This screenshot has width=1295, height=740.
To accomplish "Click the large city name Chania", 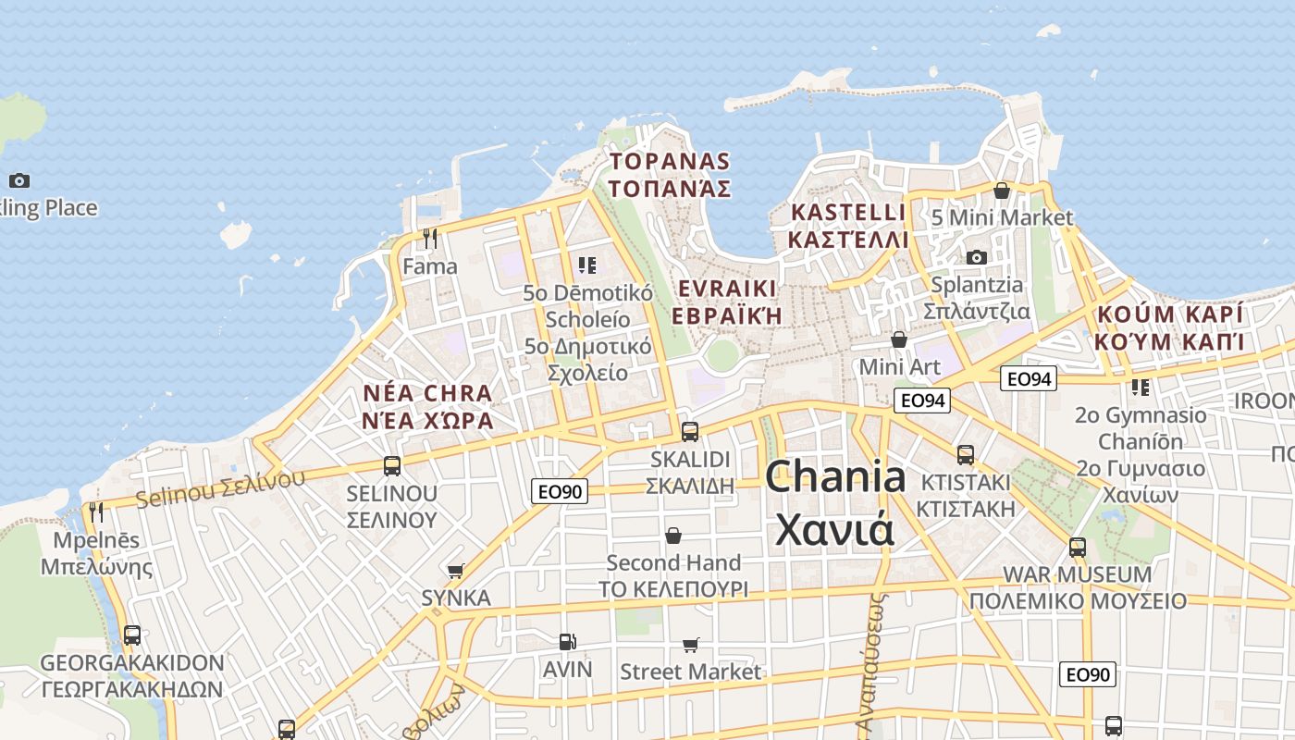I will click(835, 477).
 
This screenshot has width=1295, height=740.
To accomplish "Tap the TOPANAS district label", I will click(670, 162).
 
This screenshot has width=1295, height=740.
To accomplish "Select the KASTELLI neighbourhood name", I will click(848, 213).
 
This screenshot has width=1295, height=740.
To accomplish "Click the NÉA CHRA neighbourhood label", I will click(427, 393).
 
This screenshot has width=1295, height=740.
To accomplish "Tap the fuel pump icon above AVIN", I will click(567, 642).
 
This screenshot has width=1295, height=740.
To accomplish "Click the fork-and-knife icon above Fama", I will click(429, 239).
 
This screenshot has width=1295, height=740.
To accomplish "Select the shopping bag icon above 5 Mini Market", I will click(1001, 191).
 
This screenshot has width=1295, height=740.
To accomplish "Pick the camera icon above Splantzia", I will click(976, 257).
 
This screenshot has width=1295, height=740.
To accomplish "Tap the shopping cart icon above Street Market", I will click(690, 645).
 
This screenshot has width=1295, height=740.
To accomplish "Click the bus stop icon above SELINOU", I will click(392, 465).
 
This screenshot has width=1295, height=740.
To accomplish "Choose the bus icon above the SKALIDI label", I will click(690, 431).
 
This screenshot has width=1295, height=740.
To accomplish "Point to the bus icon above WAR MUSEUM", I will click(1078, 547).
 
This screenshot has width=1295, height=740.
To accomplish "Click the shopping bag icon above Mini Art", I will click(898, 339).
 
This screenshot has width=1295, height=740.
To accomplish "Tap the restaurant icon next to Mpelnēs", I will click(95, 512).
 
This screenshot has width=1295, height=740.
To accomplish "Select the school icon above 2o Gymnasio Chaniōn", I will click(1140, 388).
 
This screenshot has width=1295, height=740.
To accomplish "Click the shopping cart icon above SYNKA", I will click(455, 571).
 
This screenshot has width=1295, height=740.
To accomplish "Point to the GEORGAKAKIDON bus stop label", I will click(132, 663).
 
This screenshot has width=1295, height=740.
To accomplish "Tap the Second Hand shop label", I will click(673, 562).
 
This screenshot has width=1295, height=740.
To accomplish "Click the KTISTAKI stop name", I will click(966, 483).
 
